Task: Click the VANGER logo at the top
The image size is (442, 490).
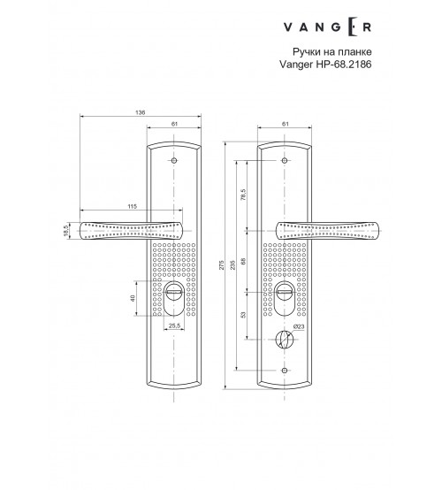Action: click(327, 27)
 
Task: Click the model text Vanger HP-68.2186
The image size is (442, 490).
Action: click(325, 65)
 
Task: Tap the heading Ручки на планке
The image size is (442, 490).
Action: click(332, 51)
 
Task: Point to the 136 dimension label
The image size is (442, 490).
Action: click(141, 112)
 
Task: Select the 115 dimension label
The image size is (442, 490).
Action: click(132, 206)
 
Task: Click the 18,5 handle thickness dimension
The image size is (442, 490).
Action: click(65, 231)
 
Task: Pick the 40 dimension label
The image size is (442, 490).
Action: click(133, 298)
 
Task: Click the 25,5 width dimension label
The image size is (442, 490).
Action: click(174, 325)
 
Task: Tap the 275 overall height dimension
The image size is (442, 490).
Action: click(222, 264)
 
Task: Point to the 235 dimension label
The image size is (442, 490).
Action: click(232, 264)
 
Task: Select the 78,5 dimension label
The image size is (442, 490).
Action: click(244, 195)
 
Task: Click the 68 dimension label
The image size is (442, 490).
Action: click(244, 261)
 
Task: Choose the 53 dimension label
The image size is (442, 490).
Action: click(244, 314)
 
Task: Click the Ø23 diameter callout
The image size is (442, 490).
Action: click(299, 326)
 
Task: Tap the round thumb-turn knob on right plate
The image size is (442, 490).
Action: click(285, 340)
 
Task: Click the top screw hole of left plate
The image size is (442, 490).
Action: click(174, 161)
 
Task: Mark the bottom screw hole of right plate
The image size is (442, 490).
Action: click(285, 371)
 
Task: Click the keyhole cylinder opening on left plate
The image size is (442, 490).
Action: click(174, 298)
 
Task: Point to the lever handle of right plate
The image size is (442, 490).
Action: click(327, 231)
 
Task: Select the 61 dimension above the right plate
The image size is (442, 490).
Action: click(285, 124)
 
